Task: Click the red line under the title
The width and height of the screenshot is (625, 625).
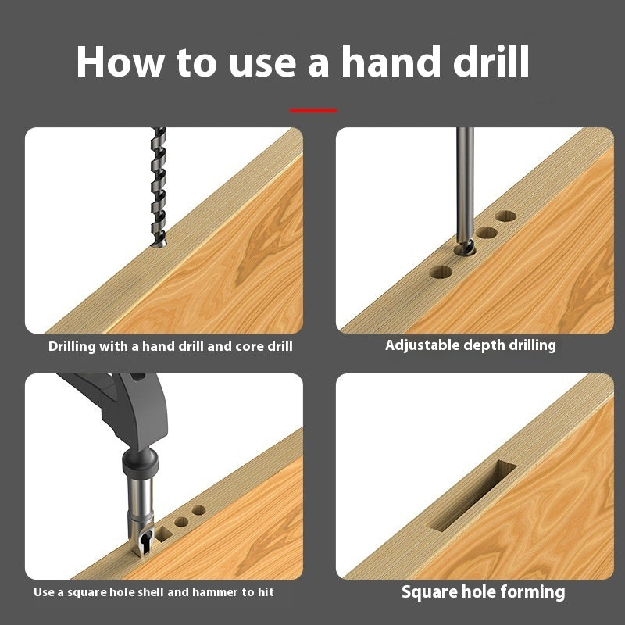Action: click(313, 111)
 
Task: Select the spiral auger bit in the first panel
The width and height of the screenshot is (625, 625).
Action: click(159, 187)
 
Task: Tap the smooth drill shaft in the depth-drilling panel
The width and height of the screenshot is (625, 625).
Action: click(464, 180)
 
